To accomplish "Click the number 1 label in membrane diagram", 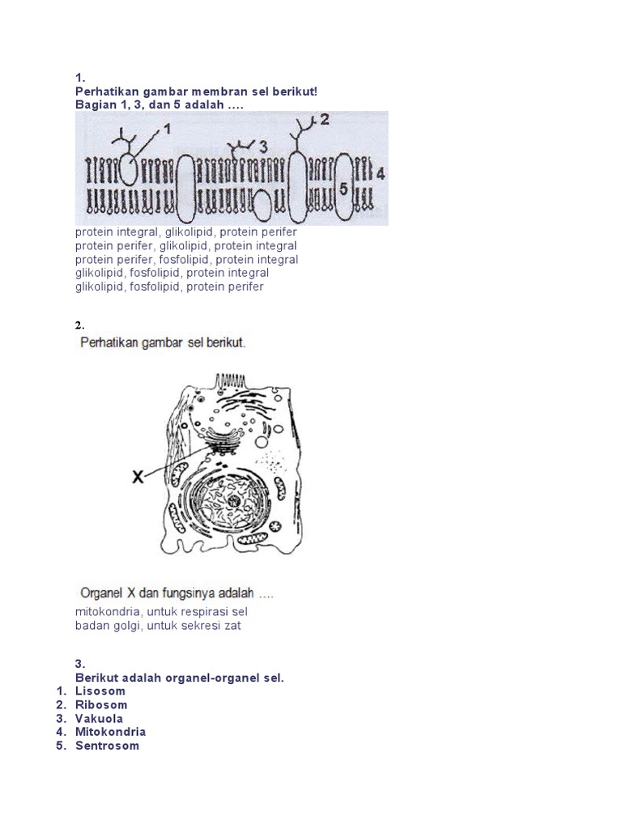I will (168, 128).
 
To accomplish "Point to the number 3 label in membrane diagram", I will (262, 146).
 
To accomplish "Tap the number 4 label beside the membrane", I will (381, 172).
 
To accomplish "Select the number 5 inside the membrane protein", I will (343, 188).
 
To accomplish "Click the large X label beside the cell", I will (138, 478).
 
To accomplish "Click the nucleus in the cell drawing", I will (233, 502).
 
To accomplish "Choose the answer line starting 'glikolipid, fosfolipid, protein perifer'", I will (169, 287).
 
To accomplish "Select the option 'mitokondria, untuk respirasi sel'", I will (160, 611).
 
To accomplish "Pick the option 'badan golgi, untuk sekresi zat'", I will (158, 625).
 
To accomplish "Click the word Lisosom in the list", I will (100, 691).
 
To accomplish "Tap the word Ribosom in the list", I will (101, 704).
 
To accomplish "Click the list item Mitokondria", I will (110, 732).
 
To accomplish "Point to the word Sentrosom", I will (107, 746).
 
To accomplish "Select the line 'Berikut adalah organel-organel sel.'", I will (179, 677).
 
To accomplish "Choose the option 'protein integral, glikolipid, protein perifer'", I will (186, 232).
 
